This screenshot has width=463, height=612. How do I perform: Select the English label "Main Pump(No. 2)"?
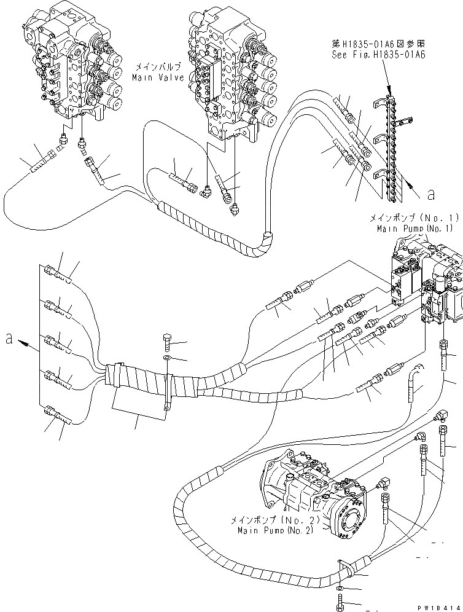pyautogui.click(x=271, y=530)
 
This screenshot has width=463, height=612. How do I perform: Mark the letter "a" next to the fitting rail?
pyautogui.click(x=430, y=195)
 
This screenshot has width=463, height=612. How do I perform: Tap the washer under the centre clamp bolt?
pyautogui.click(x=168, y=358)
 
